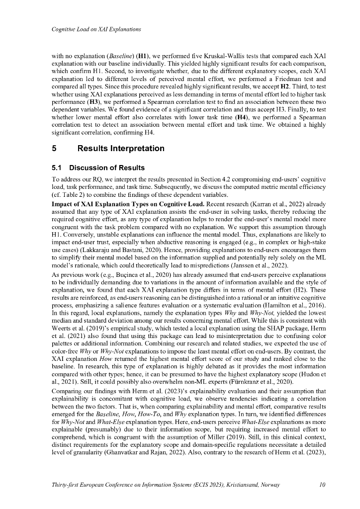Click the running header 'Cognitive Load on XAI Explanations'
coord(96,29)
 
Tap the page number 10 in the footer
coord(322,484)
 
